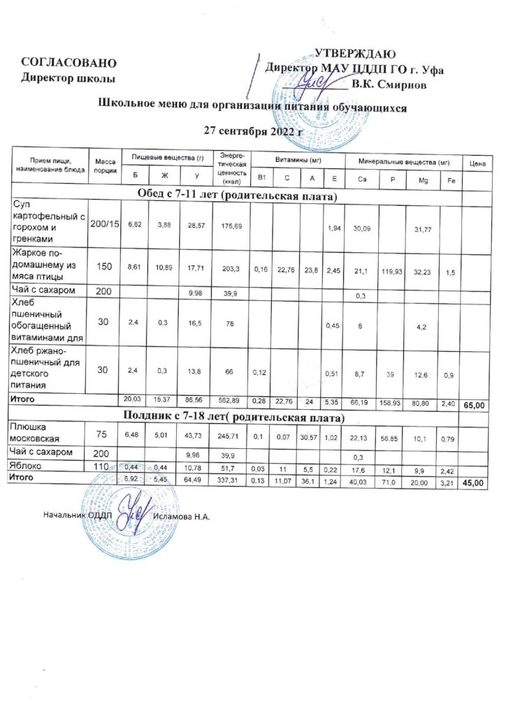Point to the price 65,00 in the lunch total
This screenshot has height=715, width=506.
pos(476,404)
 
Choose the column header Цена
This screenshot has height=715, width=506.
pos(477,163)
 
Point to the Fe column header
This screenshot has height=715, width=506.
pos(451,181)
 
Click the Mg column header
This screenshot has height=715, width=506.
pos(421,181)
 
